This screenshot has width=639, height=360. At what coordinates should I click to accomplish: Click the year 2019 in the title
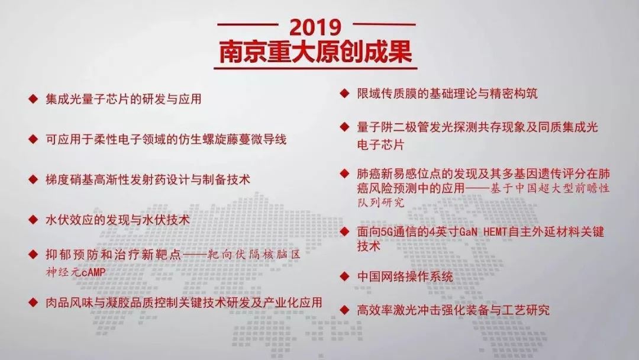[315, 27]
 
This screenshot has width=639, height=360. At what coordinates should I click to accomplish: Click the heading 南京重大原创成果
[315, 52]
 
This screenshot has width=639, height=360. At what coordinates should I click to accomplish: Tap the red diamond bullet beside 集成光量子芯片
[33, 99]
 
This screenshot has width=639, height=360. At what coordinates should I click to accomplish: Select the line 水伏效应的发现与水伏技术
[118, 220]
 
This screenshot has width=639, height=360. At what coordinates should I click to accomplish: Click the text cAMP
[93, 272]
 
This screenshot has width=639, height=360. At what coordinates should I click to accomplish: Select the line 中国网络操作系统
[405, 277]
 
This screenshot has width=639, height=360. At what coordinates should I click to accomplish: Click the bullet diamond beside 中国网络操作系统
[345, 277]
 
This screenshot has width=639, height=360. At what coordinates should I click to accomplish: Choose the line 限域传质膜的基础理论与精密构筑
[447, 94]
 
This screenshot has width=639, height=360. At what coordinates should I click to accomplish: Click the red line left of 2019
[247, 24]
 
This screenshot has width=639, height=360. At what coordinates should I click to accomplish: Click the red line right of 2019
[384, 24]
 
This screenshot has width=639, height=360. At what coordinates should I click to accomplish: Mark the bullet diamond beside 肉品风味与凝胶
[33, 302]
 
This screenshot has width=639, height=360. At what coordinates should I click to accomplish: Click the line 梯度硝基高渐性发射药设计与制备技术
[148, 180]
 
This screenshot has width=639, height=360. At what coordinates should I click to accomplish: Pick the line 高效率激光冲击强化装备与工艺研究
[453, 310]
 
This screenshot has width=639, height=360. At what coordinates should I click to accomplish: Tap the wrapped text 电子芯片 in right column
[380, 144]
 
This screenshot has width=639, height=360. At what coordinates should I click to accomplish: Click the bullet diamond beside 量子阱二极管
[345, 127]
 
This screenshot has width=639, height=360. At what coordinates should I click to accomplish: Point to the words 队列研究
[380, 202]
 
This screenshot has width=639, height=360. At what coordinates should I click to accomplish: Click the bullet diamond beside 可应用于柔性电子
[33, 139]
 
